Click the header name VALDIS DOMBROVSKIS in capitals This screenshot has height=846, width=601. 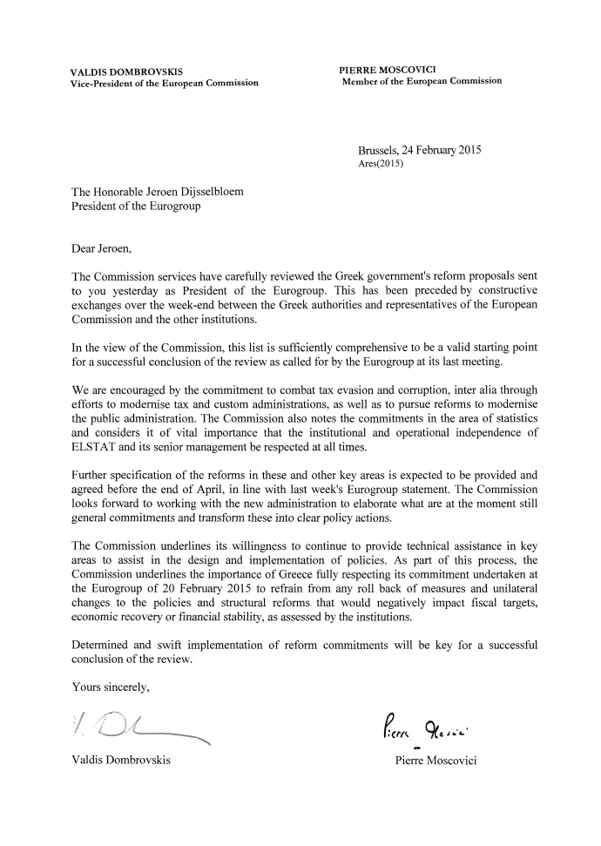126,71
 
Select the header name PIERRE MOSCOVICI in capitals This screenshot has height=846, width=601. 389,68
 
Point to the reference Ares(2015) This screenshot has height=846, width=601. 382,163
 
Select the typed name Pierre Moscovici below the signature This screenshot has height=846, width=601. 436,760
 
